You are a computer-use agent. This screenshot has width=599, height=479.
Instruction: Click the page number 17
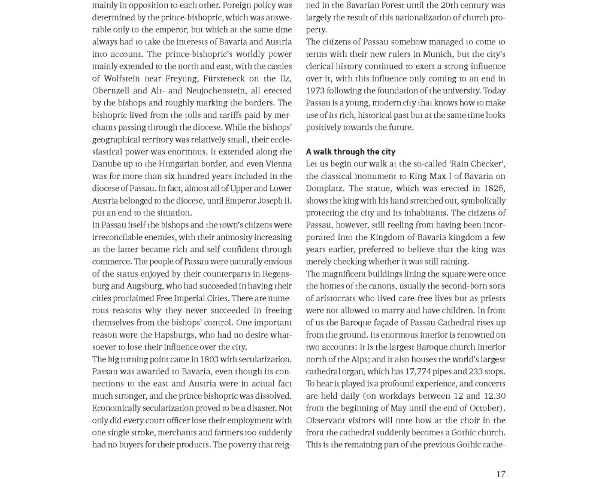(501, 474)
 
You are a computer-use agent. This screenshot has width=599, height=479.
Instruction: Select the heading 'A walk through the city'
(350, 151)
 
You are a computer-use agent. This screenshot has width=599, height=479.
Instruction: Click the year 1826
(492, 188)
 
